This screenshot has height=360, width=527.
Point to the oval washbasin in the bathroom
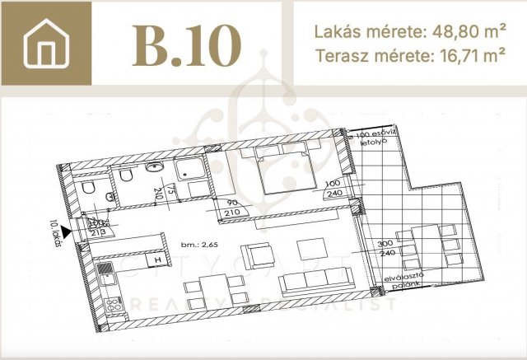coord(155,168)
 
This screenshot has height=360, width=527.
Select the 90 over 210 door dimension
coord(232,208)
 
